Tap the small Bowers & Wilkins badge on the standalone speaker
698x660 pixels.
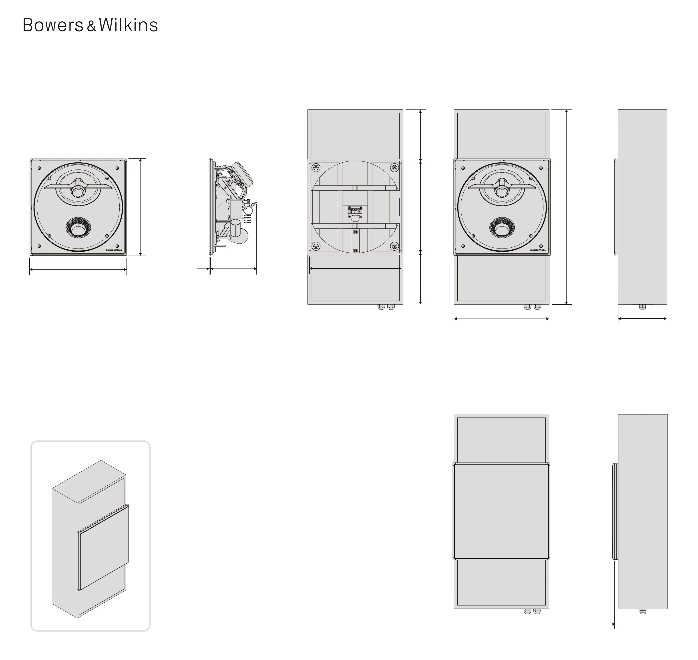click(x=114, y=250)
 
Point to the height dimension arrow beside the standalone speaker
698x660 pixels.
click(x=140, y=207)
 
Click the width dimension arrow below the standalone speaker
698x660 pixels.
click(x=78, y=270)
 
